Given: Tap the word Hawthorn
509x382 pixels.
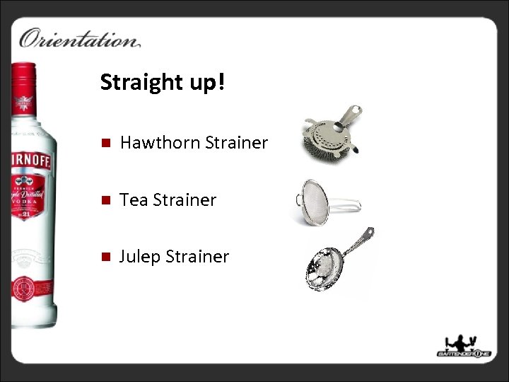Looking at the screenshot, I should pyautogui.click(x=159, y=143).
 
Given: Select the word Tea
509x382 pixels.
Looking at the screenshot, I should pyautogui.click(x=134, y=200).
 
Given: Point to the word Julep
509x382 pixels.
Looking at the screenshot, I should pyautogui.click(x=140, y=256).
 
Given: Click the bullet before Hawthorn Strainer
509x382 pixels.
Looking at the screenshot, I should pyautogui.click(x=103, y=144).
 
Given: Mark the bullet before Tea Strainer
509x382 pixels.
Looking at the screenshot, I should pyautogui.click(x=103, y=201).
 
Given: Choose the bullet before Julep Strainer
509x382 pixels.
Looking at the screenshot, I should pyautogui.click(x=103, y=257).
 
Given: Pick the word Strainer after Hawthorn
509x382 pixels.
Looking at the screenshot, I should pyautogui.click(x=236, y=143).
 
